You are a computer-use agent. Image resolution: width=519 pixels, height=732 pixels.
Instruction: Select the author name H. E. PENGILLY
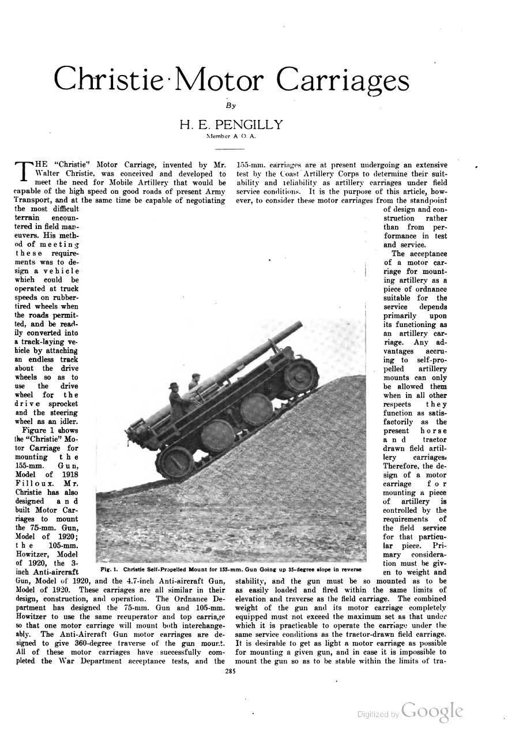[230, 124]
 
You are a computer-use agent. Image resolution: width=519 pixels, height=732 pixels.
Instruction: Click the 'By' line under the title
[231, 106]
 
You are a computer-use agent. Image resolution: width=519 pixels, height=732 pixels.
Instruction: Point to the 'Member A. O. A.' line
[231, 137]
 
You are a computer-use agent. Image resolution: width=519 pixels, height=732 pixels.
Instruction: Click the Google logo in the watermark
[432, 711]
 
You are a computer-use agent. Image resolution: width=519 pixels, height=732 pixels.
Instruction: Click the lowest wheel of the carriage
[175, 462]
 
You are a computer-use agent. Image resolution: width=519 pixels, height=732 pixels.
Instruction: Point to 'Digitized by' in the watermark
[378, 714]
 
